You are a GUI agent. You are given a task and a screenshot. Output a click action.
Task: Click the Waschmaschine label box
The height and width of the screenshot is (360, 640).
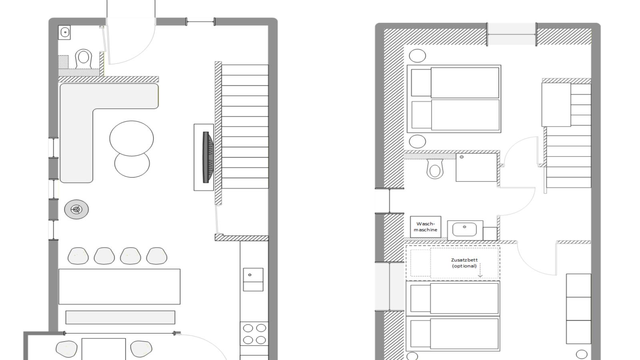pyautogui.click(x=426, y=227)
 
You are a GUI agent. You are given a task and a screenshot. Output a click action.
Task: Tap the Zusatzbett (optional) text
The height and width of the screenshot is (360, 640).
pyautogui.click(x=464, y=263)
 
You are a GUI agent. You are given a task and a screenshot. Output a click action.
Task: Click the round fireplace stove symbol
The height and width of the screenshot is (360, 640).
pyautogui.click(x=76, y=210)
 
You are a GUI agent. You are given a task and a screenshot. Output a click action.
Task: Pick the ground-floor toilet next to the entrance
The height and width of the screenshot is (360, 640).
pyautogui.click(x=84, y=59)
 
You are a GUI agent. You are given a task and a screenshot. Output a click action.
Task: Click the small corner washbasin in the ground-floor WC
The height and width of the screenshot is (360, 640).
pyautogui.click(x=64, y=32)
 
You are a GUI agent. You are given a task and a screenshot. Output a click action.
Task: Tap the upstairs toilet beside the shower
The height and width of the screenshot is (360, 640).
pyautogui.click(x=435, y=169)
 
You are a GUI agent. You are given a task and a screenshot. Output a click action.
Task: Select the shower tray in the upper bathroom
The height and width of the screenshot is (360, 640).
pyautogui.click(x=476, y=168)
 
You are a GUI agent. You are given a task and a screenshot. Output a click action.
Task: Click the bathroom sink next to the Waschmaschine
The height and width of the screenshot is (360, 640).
pyautogui.click(x=465, y=230)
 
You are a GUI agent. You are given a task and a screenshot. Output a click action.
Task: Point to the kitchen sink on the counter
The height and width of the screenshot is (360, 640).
pyautogui.click(x=253, y=280)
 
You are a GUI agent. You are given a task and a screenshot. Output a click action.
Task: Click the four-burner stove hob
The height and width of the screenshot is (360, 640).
pyautogui.click(x=254, y=334)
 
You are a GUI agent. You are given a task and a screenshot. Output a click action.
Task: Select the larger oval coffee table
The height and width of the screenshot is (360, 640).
pyautogui.click(x=132, y=138)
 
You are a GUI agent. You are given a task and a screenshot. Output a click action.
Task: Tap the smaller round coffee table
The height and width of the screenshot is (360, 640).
pyautogui.click(x=132, y=166)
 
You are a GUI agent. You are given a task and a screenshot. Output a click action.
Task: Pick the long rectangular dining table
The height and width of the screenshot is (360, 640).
pyautogui.click(x=120, y=286)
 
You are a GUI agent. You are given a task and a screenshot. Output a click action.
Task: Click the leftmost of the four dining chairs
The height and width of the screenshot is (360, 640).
pyautogui.click(x=78, y=256)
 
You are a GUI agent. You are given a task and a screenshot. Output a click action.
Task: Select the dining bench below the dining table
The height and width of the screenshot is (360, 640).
pyautogui.click(x=120, y=318)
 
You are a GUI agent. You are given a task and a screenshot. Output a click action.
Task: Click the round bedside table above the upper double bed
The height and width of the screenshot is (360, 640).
pyautogui.click(x=418, y=56)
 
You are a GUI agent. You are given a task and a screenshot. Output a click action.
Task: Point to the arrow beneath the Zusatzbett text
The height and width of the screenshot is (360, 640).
pyautogui.click(x=480, y=270)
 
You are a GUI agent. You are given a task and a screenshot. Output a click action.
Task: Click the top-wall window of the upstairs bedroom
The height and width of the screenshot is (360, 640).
pyautogui.click(x=512, y=34)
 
